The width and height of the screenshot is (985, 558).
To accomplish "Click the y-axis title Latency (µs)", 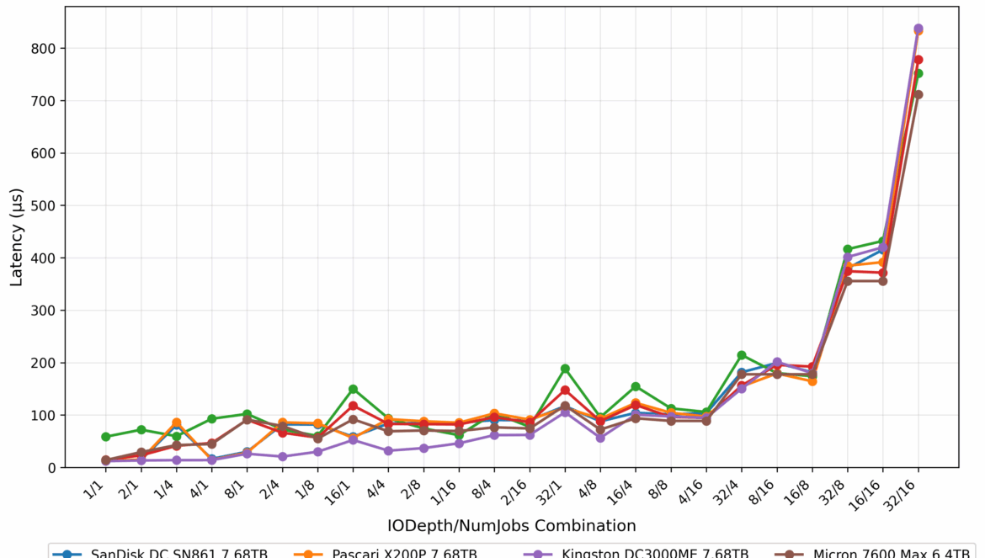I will [17, 236].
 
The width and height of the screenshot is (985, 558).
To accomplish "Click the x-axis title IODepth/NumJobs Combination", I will [512, 526].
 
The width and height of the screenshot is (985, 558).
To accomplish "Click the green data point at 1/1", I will [106, 437].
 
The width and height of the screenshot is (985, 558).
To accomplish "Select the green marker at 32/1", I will [566, 369].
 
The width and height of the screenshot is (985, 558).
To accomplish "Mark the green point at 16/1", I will [354, 389].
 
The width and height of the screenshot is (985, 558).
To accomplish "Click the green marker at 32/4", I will [742, 355].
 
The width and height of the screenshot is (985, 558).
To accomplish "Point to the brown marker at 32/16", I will [918, 94].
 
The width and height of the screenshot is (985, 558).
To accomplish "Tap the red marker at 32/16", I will [918, 60].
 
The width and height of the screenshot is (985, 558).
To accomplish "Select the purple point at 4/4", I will [389, 451].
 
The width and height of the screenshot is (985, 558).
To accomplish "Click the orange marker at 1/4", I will [177, 422].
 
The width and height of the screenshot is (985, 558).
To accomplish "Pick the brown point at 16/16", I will [883, 281].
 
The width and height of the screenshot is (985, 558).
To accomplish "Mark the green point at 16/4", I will [636, 386].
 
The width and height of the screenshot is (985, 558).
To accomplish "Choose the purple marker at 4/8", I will [600, 438].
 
